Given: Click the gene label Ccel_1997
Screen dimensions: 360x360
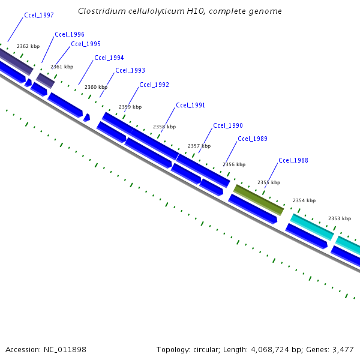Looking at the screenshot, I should coord(39,15).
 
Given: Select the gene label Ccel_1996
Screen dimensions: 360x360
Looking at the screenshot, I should coord(70,34).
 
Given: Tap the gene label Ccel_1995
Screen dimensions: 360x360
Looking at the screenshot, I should coord(86,44).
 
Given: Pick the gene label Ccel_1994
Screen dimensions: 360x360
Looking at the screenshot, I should coord(109,58).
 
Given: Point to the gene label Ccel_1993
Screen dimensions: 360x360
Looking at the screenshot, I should coord(130,70).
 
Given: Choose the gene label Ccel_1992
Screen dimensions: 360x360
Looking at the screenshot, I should coord(154,85).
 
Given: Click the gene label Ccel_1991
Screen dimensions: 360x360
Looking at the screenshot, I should coord(191,105).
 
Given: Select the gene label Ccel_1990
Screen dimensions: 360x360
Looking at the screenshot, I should coord(228,125).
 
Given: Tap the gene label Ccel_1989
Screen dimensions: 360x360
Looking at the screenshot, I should coord(253,139).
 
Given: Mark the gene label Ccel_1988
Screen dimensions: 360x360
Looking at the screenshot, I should coord(293,160).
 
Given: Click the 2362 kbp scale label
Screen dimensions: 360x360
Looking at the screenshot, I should coord(28,46).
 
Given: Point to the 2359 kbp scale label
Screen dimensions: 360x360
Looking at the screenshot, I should coord(130,107).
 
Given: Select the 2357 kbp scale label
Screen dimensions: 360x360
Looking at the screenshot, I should coord(199,146).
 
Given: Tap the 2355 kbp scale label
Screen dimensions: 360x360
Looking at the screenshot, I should coord(269,182).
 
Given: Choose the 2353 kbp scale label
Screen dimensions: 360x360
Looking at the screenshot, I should coord(340,218).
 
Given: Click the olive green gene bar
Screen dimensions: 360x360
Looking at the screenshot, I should coord(258,199).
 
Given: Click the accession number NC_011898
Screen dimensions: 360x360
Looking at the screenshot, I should coord(67,349).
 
